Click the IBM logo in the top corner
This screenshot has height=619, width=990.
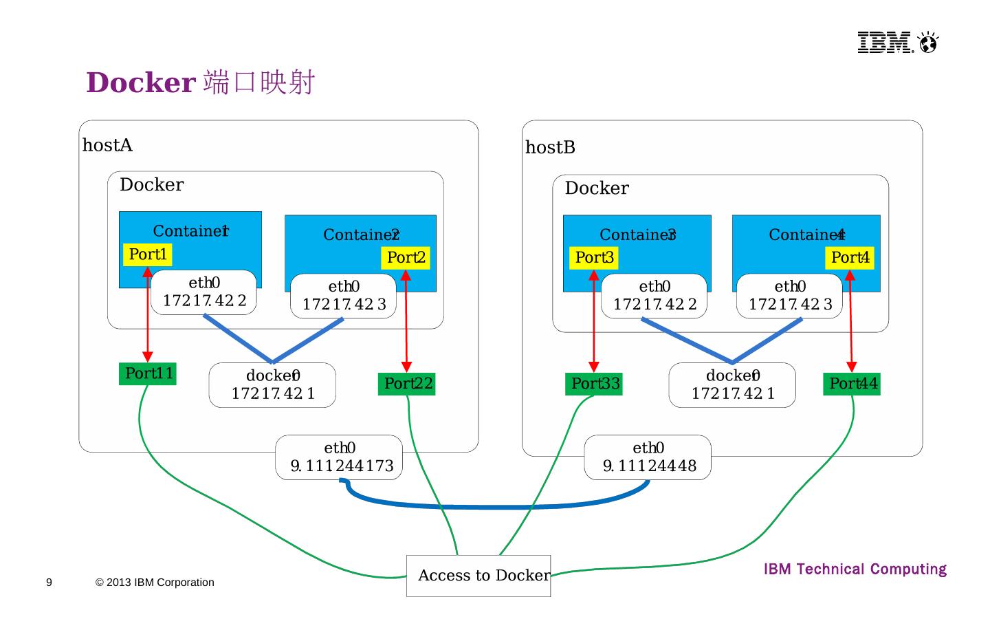tap(896, 43)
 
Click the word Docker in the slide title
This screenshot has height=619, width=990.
tap(141, 83)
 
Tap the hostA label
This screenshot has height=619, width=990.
tap(107, 145)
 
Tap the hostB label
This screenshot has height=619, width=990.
tap(550, 148)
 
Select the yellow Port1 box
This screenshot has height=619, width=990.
tap(147, 254)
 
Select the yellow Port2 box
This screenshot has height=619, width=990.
tap(406, 258)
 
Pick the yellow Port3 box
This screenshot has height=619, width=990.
tap(594, 258)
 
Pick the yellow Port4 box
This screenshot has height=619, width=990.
tap(850, 258)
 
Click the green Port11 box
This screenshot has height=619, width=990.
tap(148, 373)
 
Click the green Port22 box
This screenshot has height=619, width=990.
tap(407, 384)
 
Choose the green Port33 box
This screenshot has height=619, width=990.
tap(595, 384)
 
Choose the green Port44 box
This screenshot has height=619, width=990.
tap(852, 384)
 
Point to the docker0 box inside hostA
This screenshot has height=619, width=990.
tap(272, 385)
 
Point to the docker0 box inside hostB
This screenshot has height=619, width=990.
tap(732, 385)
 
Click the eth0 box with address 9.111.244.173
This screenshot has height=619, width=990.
tap(339, 457)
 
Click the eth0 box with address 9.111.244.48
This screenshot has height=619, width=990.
tap(648, 457)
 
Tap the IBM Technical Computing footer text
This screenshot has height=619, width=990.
tap(855, 569)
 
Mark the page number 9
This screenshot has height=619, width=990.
tap(49, 583)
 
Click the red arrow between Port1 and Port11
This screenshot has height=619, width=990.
tap(147, 316)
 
